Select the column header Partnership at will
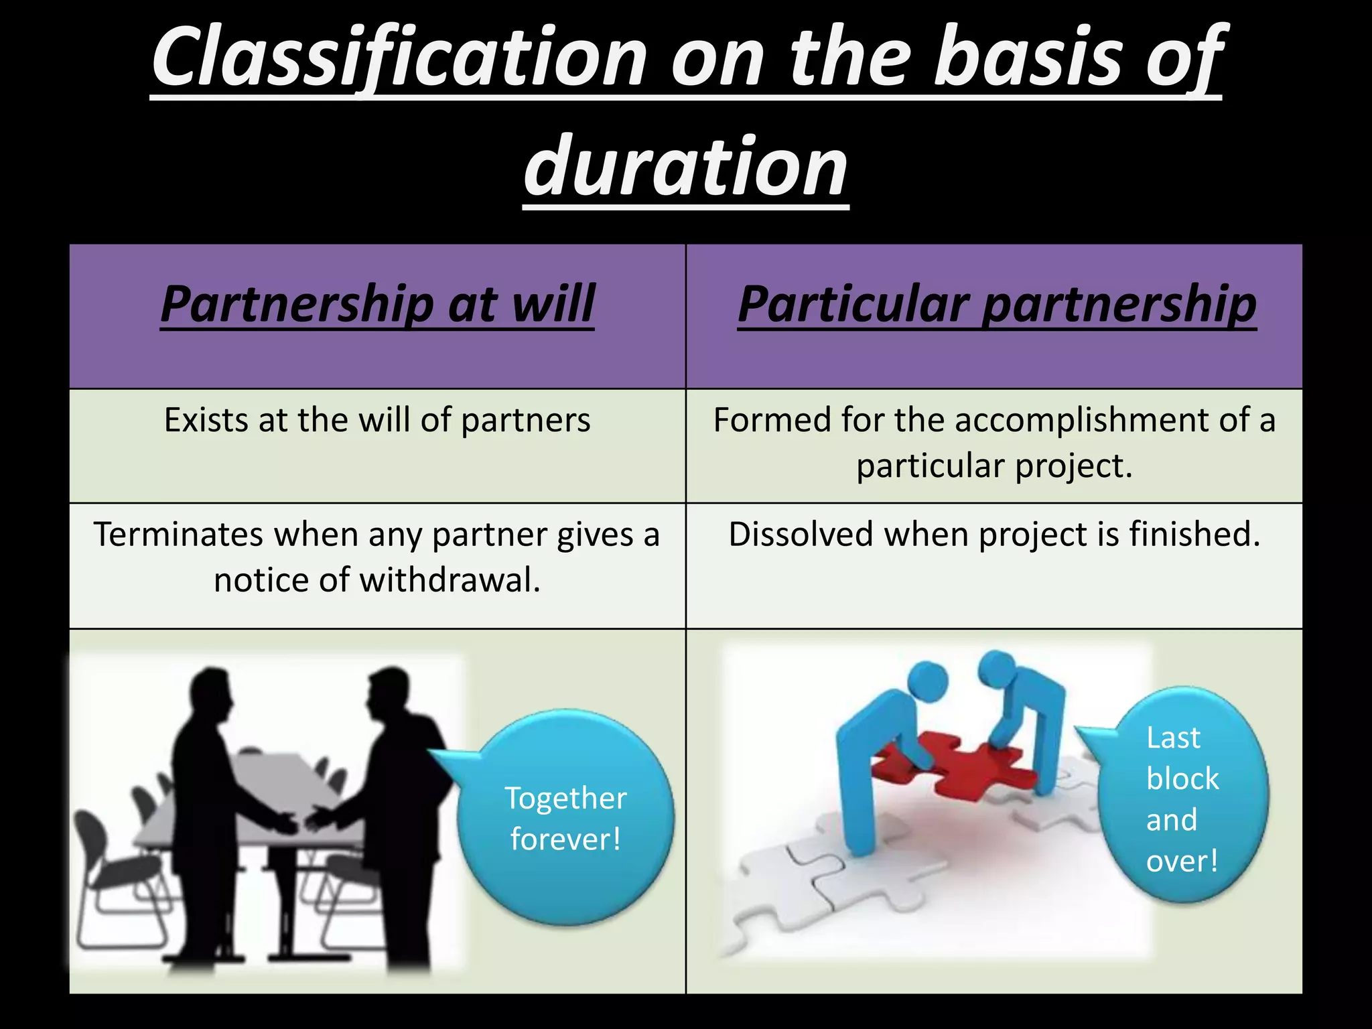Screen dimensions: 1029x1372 377,305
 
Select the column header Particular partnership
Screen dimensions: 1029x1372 996,305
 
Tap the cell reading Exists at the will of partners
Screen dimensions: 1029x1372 377,421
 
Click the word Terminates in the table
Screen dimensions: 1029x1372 178,535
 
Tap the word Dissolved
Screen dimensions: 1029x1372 801,535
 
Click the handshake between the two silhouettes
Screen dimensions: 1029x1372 301,821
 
